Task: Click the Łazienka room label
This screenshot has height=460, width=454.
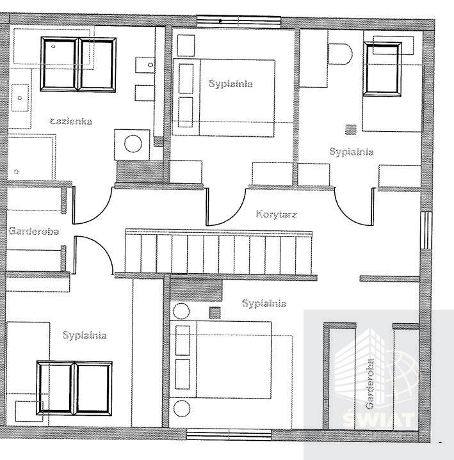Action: [71, 121]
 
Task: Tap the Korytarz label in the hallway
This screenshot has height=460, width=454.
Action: [277, 214]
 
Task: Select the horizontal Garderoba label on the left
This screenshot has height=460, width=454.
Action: [34, 231]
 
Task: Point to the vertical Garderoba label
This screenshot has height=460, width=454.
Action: [370, 384]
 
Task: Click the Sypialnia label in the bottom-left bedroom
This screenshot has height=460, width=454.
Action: [85, 335]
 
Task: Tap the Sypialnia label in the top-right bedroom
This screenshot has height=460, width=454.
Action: [351, 152]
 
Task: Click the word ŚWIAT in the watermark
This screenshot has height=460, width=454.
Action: [379, 420]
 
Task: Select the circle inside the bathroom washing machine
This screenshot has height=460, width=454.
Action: [133, 144]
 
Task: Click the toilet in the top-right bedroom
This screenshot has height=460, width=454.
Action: [340, 54]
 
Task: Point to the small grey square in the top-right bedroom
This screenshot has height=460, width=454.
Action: [351, 129]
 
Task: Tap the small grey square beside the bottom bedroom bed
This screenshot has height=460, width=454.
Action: [215, 313]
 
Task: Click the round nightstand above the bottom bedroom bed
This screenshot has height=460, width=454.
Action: [181, 312]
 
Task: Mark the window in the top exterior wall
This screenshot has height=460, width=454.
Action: [238, 22]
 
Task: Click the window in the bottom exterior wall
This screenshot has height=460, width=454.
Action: [229, 434]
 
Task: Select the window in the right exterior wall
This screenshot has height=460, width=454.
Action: [426, 230]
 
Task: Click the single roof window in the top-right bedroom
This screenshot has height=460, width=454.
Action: [382, 69]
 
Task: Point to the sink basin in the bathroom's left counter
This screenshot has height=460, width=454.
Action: [20, 98]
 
